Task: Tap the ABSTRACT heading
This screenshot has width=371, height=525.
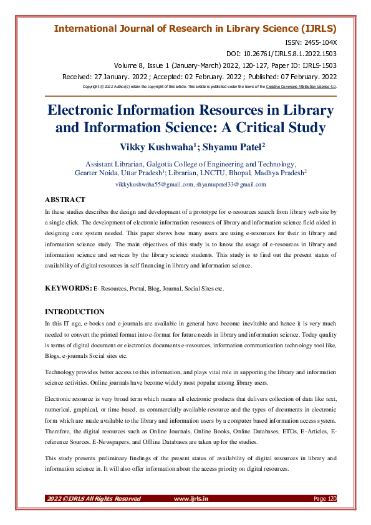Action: (x=65, y=200)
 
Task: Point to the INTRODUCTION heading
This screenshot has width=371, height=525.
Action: (x=75, y=311)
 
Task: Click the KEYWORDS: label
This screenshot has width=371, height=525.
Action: (x=68, y=289)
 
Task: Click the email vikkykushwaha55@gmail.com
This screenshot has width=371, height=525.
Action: (x=154, y=185)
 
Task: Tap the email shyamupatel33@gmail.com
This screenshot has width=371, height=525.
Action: (x=231, y=185)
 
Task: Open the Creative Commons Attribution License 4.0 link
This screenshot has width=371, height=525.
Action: (x=301, y=87)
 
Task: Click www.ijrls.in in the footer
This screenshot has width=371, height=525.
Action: (x=191, y=498)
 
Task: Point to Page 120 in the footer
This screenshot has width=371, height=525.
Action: (x=325, y=498)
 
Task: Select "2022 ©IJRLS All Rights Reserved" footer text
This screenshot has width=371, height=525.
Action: (x=94, y=498)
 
